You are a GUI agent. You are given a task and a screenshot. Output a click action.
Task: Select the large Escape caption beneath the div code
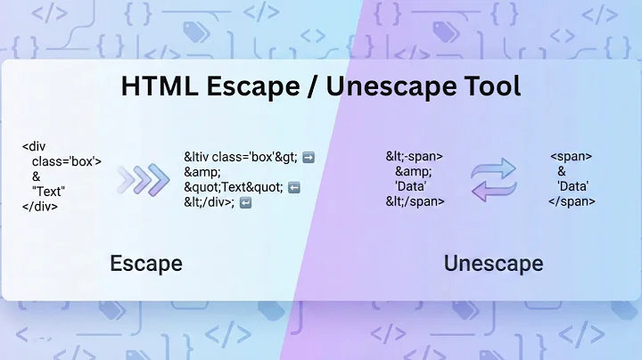(x=146, y=263)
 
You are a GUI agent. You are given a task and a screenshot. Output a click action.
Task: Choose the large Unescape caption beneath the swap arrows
(x=493, y=263)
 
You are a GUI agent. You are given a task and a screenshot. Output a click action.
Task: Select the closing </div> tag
(x=40, y=206)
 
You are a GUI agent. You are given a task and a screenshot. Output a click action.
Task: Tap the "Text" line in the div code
(x=49, y=191)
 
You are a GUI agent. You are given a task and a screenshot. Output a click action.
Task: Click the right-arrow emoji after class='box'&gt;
(x=309, y=157)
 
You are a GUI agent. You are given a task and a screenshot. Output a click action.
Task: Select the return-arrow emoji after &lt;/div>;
(x=246, y=202)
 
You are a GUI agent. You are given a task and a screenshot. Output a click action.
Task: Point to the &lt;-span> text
(x=414, y=157)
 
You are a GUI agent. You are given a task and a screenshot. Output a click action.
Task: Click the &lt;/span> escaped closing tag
(x=416, y=201)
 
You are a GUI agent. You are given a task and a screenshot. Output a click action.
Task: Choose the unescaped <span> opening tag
(x=571, y=157)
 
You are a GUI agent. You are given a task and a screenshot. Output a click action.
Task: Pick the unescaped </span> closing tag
(x=572, y=201)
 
